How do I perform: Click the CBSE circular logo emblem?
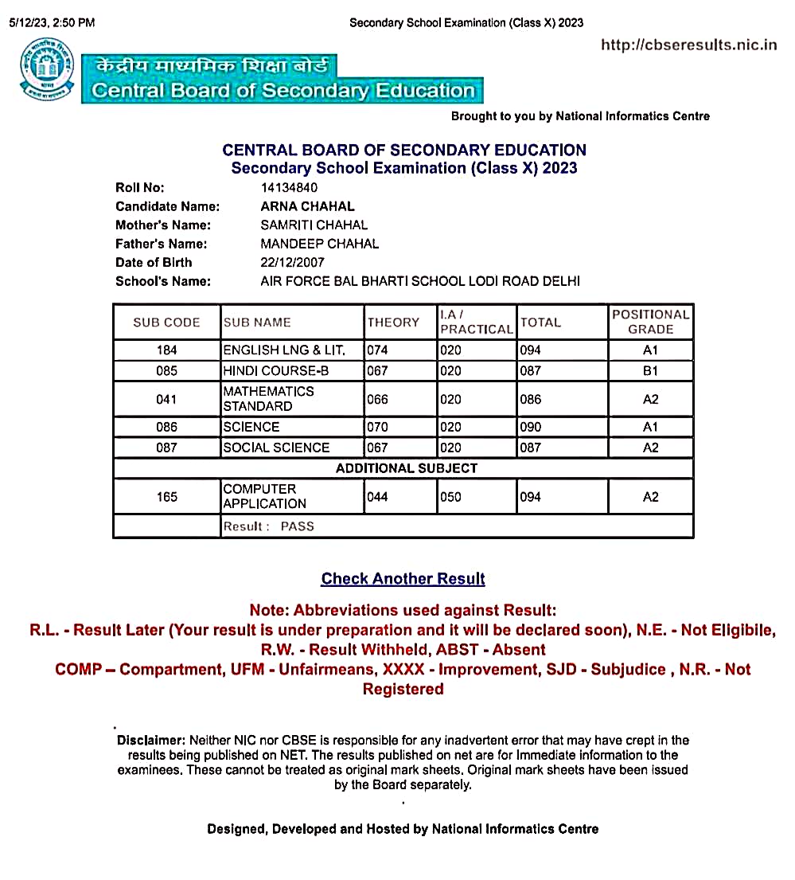click(x=45, y=69)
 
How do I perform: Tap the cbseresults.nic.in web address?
click(x=688, y=45)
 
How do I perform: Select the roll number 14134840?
click(x=289, y=188)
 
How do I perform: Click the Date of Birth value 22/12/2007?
click(x=292, y=262)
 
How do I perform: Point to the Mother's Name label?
click(x=163, y=225)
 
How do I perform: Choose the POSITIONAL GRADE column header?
click(x=650, y=322)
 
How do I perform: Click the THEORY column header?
click(x=393, y=323)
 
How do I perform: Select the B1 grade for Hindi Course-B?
click(x=650, y=371)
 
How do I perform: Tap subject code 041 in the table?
click(x=167, y=399)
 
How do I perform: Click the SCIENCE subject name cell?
click(x=251, y=427)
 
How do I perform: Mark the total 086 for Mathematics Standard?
click(x=531, y=399)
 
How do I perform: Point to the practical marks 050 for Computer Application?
click(x=450, y=497)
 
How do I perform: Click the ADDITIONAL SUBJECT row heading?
click(x=406, y=468)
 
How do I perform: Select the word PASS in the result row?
click(x=298, y=526)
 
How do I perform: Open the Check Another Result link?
click(x=403, y=579)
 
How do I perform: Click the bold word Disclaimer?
click(x=151, y=741)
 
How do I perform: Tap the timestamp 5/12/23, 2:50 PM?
click(x=52, y=23)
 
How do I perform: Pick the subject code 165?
click(x=167, y=497)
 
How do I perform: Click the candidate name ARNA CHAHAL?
click(x=307, y=206)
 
